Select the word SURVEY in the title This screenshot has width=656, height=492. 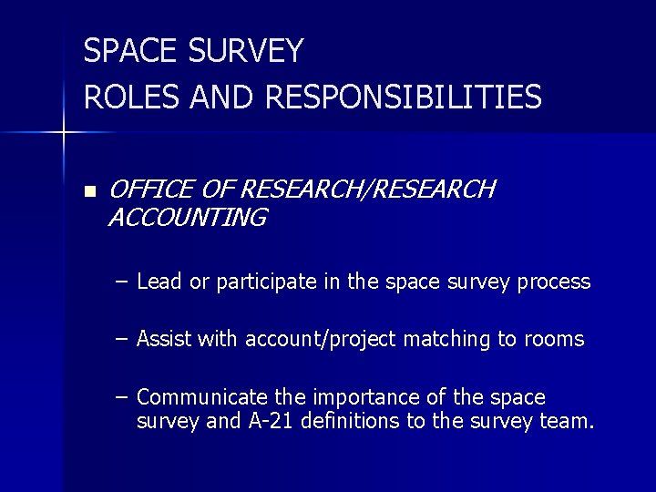point(246,51)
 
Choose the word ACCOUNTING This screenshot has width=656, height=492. point(187,218)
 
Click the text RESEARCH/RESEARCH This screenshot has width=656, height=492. point(367,190)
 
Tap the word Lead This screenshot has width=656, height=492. point(159,282)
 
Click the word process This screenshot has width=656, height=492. point(554,282)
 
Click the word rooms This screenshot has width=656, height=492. point(554,340)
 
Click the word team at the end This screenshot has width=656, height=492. point(570,422)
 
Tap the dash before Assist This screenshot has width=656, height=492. point(122,339)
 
